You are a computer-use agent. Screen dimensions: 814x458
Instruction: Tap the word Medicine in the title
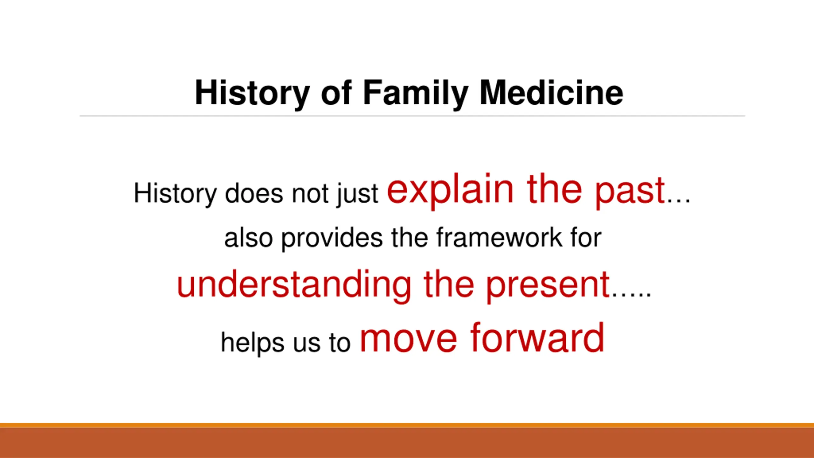point(551,92)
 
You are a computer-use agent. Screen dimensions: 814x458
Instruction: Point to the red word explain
point(450,190)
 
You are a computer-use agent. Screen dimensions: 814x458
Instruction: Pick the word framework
point(499,237)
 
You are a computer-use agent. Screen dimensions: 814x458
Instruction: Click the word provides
point(332,239)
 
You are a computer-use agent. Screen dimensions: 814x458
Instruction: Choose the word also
point(249,238)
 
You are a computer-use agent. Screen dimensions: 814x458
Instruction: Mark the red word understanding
point(294,285)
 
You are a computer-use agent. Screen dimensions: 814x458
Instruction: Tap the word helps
point(252,343)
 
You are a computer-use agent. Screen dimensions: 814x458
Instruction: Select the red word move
point(408,340)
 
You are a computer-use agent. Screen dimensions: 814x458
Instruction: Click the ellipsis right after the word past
point(679,200)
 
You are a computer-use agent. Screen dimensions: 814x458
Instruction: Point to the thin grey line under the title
point(412,116)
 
